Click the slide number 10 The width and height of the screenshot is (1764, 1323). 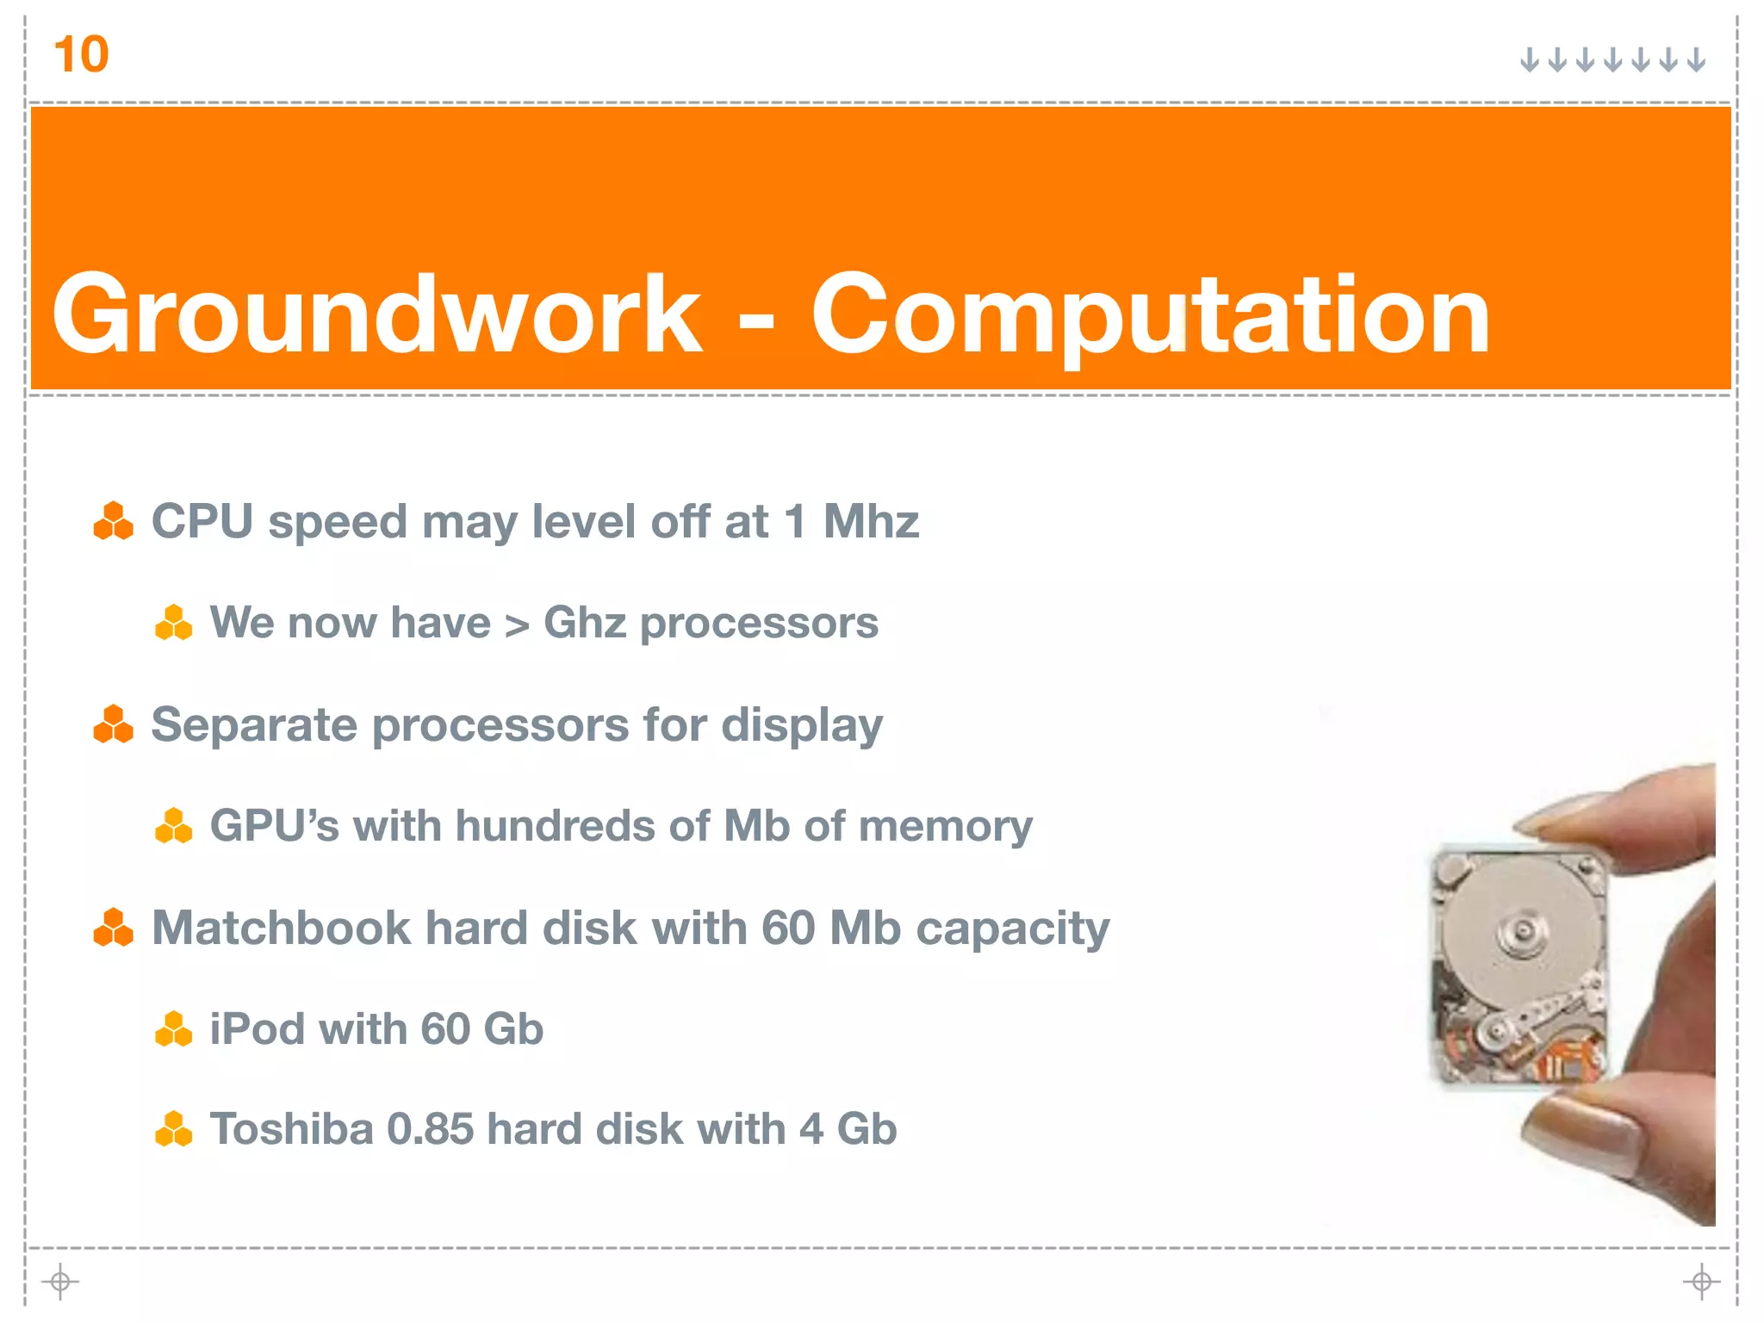coord(81,55)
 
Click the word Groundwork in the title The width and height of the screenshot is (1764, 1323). coord(376,314)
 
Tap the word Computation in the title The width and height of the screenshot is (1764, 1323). coord(1150,315)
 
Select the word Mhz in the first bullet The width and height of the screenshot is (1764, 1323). coord(871,521)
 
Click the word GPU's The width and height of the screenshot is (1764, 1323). coord(275,825)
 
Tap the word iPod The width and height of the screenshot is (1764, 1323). coord(256,1028)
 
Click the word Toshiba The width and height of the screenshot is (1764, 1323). coord(290,1129)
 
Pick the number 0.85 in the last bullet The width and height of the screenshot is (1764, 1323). coord(430,1129)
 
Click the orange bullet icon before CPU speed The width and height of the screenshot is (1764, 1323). coord(113,521)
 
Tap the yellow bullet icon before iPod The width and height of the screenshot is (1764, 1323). coord(173,1028)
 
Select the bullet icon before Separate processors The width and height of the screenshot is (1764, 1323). coord(113,724)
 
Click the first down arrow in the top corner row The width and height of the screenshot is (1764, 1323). coord(1529,59)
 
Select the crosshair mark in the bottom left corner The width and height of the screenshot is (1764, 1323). coord(59,1282)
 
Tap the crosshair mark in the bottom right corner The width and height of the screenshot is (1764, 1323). coord(1701,1282)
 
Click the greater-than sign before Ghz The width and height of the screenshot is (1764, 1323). coord(517,625)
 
